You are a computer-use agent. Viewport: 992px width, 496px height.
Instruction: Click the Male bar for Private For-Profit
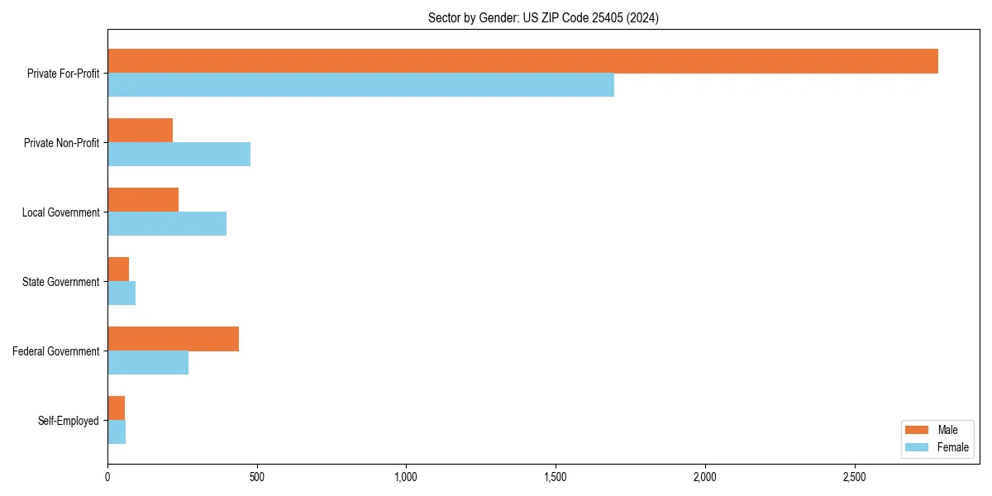pyautogui.click(x=522, y=61)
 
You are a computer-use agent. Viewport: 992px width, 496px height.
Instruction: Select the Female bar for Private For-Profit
pyautogui.click(x=360, y=85)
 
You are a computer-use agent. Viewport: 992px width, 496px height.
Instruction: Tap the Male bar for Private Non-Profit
pyautogui.click(x=140, y=131)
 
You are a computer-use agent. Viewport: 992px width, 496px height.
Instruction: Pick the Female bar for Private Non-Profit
pyautogui.click(x=179, y=155)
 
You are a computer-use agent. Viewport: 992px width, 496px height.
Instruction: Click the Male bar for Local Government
pyautogui.click(x=143, y=200)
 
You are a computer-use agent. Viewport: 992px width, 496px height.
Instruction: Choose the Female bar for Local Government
pyautogui.click(x=167, y=224)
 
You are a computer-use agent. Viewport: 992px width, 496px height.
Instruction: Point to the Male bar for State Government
pyautogui.click(x=118, y=269)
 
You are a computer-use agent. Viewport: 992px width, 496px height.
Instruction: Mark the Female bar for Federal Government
pyautogui.click(x=148, y=363)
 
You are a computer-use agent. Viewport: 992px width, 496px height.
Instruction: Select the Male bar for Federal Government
pyautogui.click(x=173, y=339)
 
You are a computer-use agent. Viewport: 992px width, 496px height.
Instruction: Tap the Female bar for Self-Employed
pyautogui.click(x=117, y=432)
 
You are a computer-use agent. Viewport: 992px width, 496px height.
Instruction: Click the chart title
pyautogui.click(x=543, y=17)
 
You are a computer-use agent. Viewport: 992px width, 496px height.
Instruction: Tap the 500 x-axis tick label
pyautogui.click(x=256, y=477)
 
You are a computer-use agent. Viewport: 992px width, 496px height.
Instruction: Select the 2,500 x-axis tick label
pyautogui.click(x=854, y=477)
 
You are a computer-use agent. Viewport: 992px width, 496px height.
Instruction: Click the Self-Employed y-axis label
pyautogui.click(x=69, y=421)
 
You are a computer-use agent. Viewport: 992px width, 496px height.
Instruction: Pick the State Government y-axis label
pyautogui.click(x=60, y=282)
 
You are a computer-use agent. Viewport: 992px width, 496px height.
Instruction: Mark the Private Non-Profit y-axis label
pyautogui.click(x=61, y=143)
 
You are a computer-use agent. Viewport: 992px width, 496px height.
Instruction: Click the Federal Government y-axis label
pyautogui.click(x=56, y=351)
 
